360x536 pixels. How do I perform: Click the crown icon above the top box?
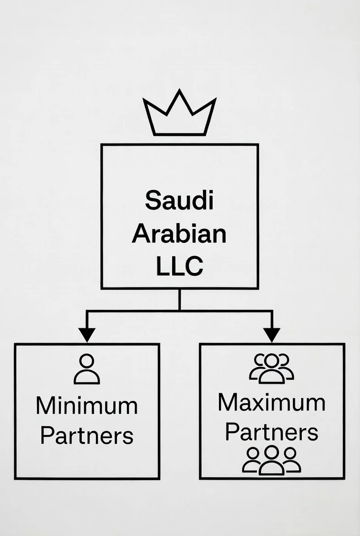[x=179, y=115]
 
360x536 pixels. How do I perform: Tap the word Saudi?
[x=180, y=201]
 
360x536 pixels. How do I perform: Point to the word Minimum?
[x=87, y=406]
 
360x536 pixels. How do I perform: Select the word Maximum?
[x=271, y=402]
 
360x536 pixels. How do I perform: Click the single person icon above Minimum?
[x=87, y=369]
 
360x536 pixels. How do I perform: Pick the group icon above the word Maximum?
[x=271, y=368]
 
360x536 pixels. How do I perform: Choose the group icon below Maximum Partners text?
[x=271, y=460]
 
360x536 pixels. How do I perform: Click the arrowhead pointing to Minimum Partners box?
[x=87, y=335]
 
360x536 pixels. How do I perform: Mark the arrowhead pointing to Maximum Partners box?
[x=272, y=335]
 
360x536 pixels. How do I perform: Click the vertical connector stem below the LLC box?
[x=179, y=299]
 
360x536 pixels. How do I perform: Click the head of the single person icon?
[x=87, y=361]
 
